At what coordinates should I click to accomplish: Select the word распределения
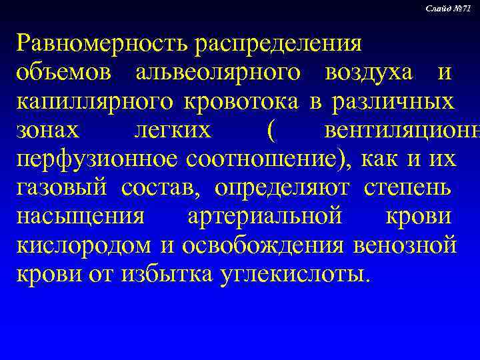coord(278,45)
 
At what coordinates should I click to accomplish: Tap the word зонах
coord(49,131)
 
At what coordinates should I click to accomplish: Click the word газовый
coord(63,189)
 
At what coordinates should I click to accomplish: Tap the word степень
coord(410,189)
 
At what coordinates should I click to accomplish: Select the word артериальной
coord(265,218)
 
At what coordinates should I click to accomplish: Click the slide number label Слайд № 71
coord(451,7)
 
